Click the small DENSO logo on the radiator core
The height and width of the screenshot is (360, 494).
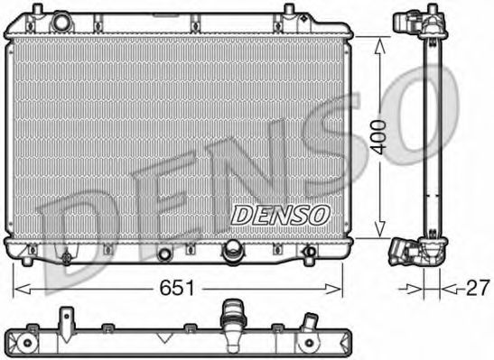click(x=280, y=214)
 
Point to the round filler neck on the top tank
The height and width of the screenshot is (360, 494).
click(x=61, y=20)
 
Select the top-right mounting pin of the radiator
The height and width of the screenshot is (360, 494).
click(x=289, y=11)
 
